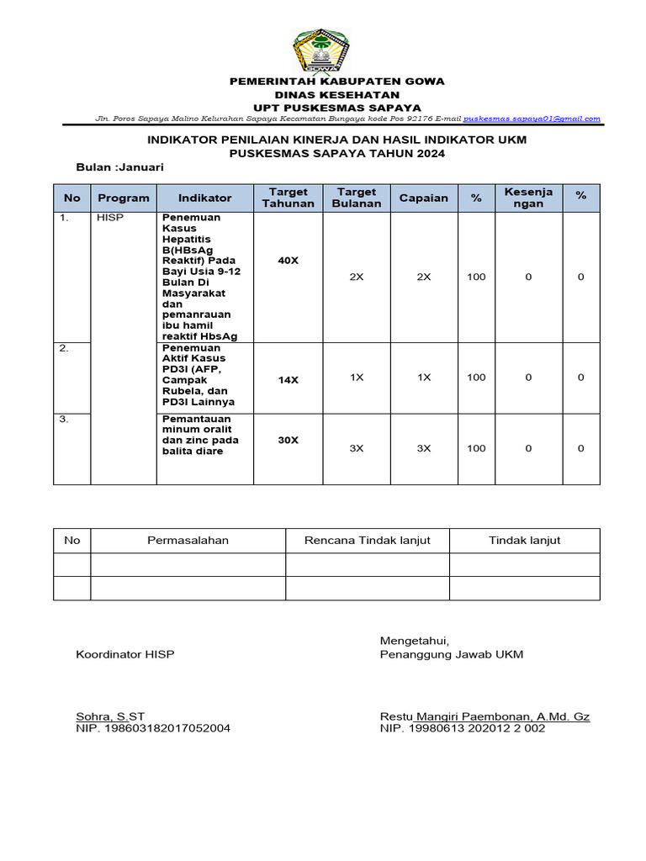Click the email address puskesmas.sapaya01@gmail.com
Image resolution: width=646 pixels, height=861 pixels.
pos(532,119)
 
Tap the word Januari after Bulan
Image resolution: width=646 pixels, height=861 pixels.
pos(141,167)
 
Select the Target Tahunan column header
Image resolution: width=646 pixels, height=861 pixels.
pos(288,198)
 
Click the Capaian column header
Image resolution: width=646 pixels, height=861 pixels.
pos(424,198)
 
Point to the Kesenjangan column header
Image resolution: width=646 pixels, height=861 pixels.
pos(528,198)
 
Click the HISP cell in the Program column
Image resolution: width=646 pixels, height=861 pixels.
pos(109,218)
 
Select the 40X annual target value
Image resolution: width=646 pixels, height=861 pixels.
pos(288,261)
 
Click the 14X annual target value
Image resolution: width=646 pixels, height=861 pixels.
pos(288,380)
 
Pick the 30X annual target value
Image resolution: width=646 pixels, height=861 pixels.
pos(288,440)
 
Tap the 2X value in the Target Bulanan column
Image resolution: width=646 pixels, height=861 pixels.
pos(356,277)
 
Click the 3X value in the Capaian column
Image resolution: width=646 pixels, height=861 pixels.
pos(424,448)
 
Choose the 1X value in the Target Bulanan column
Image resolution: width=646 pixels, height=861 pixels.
pos(356,378)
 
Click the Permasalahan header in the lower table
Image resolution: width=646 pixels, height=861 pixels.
pos(188,540)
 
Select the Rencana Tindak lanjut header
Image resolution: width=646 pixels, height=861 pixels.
pos(367,540)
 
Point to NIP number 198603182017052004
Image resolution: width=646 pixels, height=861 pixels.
pos(153,728)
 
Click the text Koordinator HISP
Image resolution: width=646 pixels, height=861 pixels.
pos(125,654)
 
